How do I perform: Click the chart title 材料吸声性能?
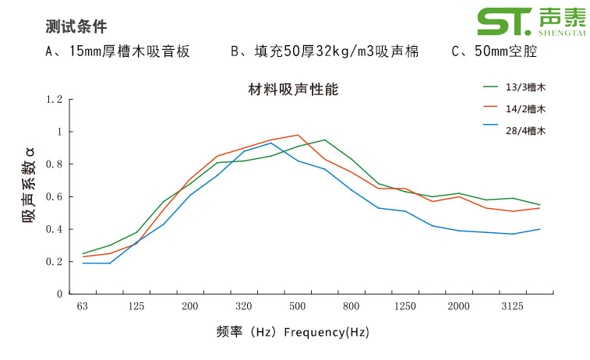point(288,88)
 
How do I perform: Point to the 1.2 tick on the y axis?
point(54,100)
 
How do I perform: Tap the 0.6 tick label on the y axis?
point(54,197)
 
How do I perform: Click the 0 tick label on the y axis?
point(59,295)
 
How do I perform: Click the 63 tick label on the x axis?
point(83,307)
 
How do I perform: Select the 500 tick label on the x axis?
point(297,307)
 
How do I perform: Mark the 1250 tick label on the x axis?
point(405,307)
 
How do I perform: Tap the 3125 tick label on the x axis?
point(512,307)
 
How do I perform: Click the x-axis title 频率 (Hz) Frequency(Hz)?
point(293,332)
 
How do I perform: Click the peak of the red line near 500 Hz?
point(298,135)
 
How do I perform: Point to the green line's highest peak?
point(324,140)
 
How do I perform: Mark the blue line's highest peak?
point(270,143)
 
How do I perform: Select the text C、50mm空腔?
point(494,52)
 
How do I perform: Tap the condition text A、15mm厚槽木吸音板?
point(118,52)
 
